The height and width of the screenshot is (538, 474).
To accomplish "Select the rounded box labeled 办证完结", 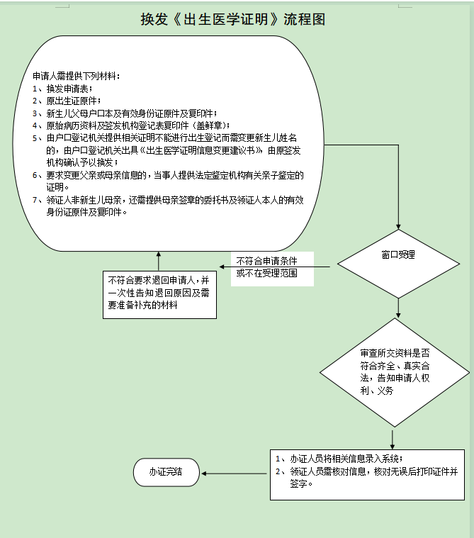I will coord(165,471).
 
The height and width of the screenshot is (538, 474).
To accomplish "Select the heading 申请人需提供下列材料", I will coord(77,76).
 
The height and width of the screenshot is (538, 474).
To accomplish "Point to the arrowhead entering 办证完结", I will coord(204,472).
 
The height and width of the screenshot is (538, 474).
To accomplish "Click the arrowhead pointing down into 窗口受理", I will coord(398,225).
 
